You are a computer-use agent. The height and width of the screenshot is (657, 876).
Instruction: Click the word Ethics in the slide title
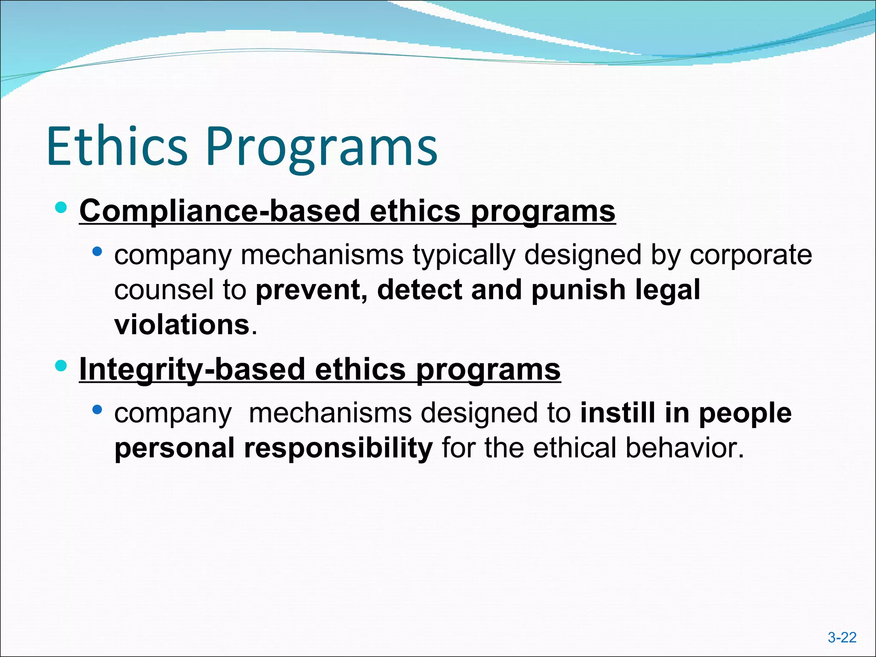tap(117, 146)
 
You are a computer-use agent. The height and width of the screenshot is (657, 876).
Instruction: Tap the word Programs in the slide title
tap(322, 148)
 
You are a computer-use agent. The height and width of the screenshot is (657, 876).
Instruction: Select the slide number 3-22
tap(842, 637)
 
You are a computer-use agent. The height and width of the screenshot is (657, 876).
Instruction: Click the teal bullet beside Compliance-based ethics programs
tap(61, 208)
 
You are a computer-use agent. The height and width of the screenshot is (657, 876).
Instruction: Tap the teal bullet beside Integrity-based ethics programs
tap(61, 366)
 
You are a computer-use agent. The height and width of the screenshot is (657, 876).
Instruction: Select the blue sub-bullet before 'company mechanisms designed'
tap(97, 410)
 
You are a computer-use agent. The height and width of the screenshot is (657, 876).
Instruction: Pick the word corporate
tap(751, 255)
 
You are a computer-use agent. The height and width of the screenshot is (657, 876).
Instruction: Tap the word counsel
tap(163, 290)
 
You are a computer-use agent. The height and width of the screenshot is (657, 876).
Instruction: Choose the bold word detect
tap(419, 290)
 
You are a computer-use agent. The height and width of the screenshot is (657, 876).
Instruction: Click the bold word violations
tap(182, 325)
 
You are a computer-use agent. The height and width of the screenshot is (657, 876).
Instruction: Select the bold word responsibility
tap(338, 449)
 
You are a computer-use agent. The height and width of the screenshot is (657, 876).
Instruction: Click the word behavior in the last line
tap(685, 448)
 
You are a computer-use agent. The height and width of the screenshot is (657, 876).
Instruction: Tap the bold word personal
tap(174, 449)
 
